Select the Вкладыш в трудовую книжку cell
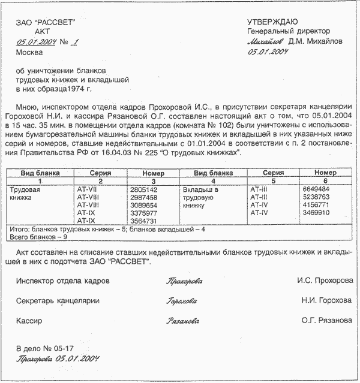pos(199,197)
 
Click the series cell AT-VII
pos(87,189)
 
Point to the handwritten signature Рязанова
pos(182,321)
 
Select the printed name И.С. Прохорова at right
pos(325,281)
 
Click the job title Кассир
pos(29,321)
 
